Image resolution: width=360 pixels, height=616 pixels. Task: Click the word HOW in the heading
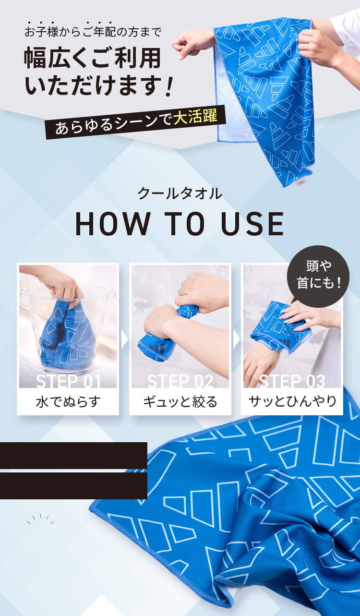[113, 224]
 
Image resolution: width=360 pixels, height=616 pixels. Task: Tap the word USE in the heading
[252, 224]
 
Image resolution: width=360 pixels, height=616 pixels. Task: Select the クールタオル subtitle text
[180, 193]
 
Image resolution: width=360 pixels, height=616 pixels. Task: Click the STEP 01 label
[69, 381]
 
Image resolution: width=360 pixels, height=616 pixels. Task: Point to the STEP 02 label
[180, 381]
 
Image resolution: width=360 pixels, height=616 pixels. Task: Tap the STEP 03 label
[292, 381]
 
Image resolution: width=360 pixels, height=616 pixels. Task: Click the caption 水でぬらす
[68, 401]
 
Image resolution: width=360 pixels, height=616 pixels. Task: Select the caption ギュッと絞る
[180, 401]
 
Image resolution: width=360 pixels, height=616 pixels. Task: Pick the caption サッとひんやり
[292, 401]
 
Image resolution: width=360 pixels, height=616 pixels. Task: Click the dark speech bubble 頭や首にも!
[318, 276]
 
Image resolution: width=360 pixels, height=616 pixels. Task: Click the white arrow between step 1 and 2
[124, 339]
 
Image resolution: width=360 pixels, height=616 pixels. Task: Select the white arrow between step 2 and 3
[236, 339]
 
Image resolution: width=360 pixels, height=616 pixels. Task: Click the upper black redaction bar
[73, 456]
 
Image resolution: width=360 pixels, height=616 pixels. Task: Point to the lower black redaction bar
[73, 486]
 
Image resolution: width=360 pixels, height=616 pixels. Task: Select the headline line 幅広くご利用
[93, 58]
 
